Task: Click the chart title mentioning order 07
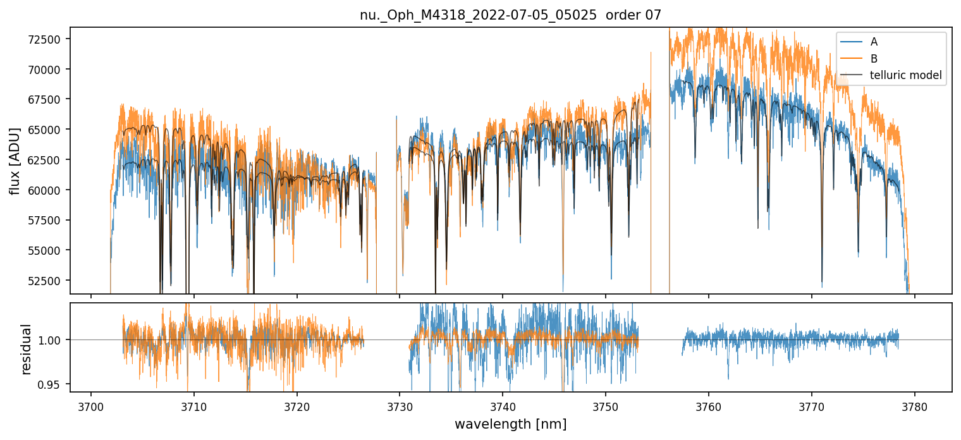click(510, 15)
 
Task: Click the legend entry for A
click(874, 42)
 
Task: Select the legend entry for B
click(874, 59)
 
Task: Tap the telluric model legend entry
click(905, 76)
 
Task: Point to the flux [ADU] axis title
click(15, 161)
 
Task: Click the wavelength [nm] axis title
click(510, 424)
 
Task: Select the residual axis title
click(26, 349)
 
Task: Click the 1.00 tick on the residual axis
click(52, 340)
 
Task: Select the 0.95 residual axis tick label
click(52, 384)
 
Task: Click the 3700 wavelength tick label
click(91, 405)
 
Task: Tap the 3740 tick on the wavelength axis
click(503, 405)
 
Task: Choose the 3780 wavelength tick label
click(914, 405)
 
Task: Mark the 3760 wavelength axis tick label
click(709, 405)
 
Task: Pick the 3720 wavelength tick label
click(297, 405)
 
